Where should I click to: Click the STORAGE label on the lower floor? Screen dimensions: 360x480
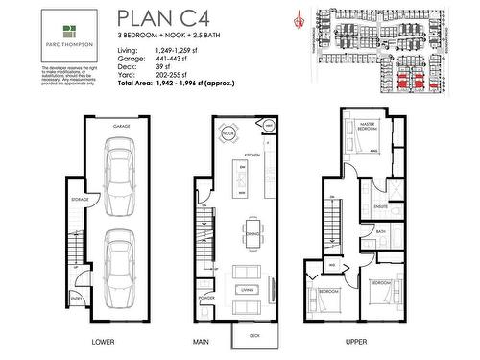[81, 199]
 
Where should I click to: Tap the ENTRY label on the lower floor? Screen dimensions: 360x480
[76, 299]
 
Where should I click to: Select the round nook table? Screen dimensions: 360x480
[228, 133]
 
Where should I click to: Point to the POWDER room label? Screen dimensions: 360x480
[207, 297]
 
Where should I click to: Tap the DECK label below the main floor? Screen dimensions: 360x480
[254, 336]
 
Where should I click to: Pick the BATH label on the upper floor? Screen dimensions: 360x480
[380, 231]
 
